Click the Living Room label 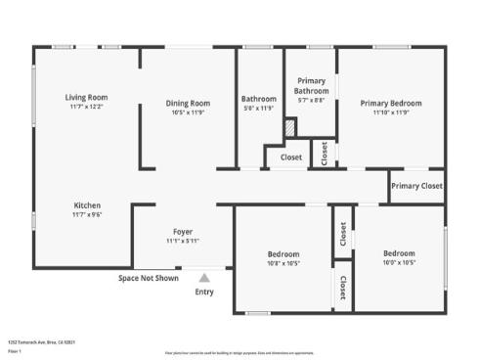pyautogui.click(x=87, y=97)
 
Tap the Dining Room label pyautogui.click(x=187, y=103)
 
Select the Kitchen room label pyautogui.click(x=87, y=205)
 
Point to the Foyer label pyautogui.click(x=183, y=231)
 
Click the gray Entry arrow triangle pyautogui.click(x=204, y=278)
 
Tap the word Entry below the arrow pyautogui.click(x=204, y=292)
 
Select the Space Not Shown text pyautogui.click(x=149, y=278)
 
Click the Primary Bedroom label pyautogui.click(x=390, y=103)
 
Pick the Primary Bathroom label pyautogui.click(x=312, y=86)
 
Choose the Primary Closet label pyautogui.click(x=416, y=186)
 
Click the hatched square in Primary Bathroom pyautogui.click(x=289, y=126)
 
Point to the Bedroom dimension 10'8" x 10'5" pyautogui.click(x=283, y=263)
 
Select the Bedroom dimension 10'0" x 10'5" pyautogui.click(x=399, y=263)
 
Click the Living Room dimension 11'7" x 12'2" pyautogui.click(x=87, y=107)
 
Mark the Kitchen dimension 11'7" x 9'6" pyautogui.click(x=87, y=215)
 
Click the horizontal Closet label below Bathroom pyautogui.click(x=291, y=157)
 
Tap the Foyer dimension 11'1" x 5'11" pyautogui.click(x=183, y=241)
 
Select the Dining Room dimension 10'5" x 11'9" pyautogui.click(x=187, y=112)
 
